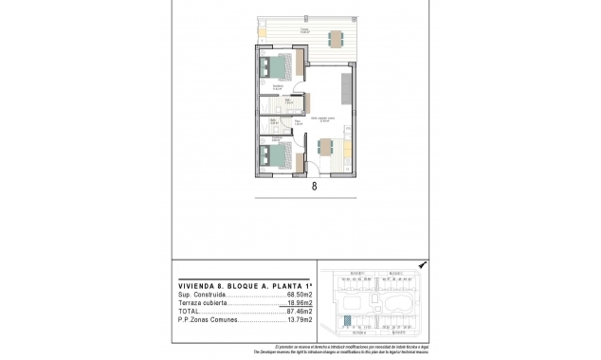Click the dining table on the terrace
(335, 38)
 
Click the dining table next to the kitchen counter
(326, 149)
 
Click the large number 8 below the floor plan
(313, 187)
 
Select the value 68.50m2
(299, 296)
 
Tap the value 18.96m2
(299, 304)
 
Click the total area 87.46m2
(299, 313)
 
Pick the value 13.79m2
(299, 322)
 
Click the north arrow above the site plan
(422, 266)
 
